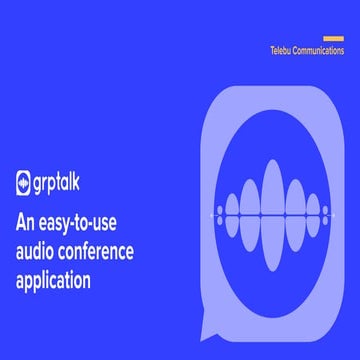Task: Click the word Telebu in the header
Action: point(282,49)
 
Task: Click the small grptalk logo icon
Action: point(26,184)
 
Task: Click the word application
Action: point(61,279)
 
